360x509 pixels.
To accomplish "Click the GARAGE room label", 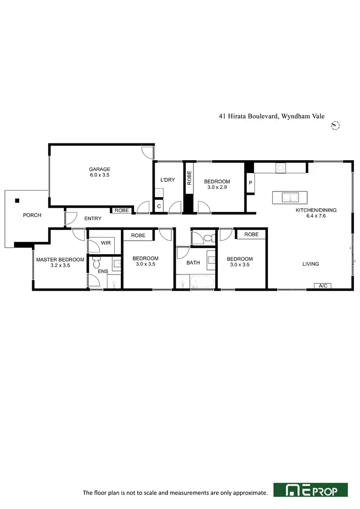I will click(x=99, y=169).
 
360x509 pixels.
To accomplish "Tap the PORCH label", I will click(x=32, y=215).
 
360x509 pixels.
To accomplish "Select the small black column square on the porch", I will click(x=17, y=201).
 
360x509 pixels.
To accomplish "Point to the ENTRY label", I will click(x=93, y=219).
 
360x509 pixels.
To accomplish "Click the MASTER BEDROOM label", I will click(x=60, y=260).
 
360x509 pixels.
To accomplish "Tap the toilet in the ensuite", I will click(x=96, y=263).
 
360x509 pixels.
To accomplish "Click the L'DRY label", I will click(x=167, y=180).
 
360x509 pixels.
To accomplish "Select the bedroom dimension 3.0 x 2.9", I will click(x=217, y=188).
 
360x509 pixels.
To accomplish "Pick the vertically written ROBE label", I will click(x=189, y=178).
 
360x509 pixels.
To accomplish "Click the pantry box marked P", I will click(x=250, y=182).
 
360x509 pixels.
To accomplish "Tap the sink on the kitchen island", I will click(x=289, y=197).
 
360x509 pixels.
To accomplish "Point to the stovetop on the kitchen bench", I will click(x=281, y=168).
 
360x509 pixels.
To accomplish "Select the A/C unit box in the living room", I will click(x=323, y=286).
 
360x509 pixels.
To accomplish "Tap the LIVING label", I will click(x=311, y=264).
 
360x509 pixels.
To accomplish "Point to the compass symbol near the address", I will click(x=336, y=126).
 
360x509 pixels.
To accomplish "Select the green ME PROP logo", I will click(x=310, y=490).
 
